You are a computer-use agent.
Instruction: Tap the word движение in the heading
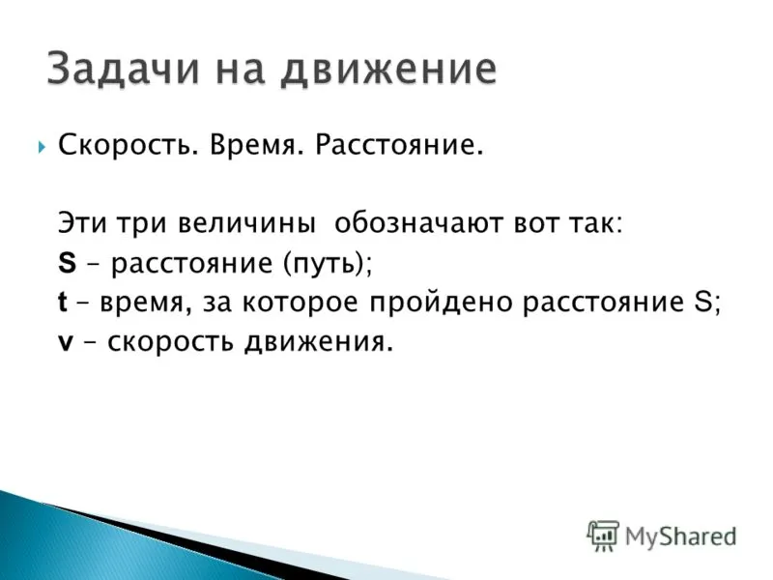(x=388, y=69)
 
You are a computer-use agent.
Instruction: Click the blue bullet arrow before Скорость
(x=41, y=147)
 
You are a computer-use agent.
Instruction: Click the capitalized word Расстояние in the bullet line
(x=399, y=145)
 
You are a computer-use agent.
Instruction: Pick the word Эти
(x=82, y=223)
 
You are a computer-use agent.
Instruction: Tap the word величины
(x=246, y=224)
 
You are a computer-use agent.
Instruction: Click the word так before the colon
(x=593, y=224)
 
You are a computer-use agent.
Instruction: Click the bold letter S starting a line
(x=67, y=262)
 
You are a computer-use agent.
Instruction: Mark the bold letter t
(x=62, y=302)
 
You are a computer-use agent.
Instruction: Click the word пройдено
(x=441, y=303)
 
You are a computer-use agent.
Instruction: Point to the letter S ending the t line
(x=703, y=302)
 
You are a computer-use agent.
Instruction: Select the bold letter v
(x=66, y=342)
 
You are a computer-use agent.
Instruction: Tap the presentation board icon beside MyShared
(x=602, y=536)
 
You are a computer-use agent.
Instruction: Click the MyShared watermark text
(x=680, y=536)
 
